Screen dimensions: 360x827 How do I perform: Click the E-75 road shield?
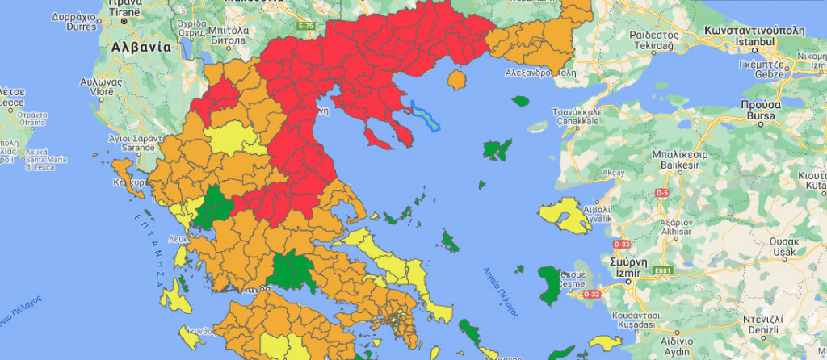pyautogui.click(x=304, y=27)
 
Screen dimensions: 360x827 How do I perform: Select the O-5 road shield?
pyautogui.click(x=662, y=193)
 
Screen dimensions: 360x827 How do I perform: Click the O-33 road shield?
pyautogui.click(x=622, y=243)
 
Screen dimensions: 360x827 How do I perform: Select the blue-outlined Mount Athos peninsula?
pyautogui.click(x=423, y=115)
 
